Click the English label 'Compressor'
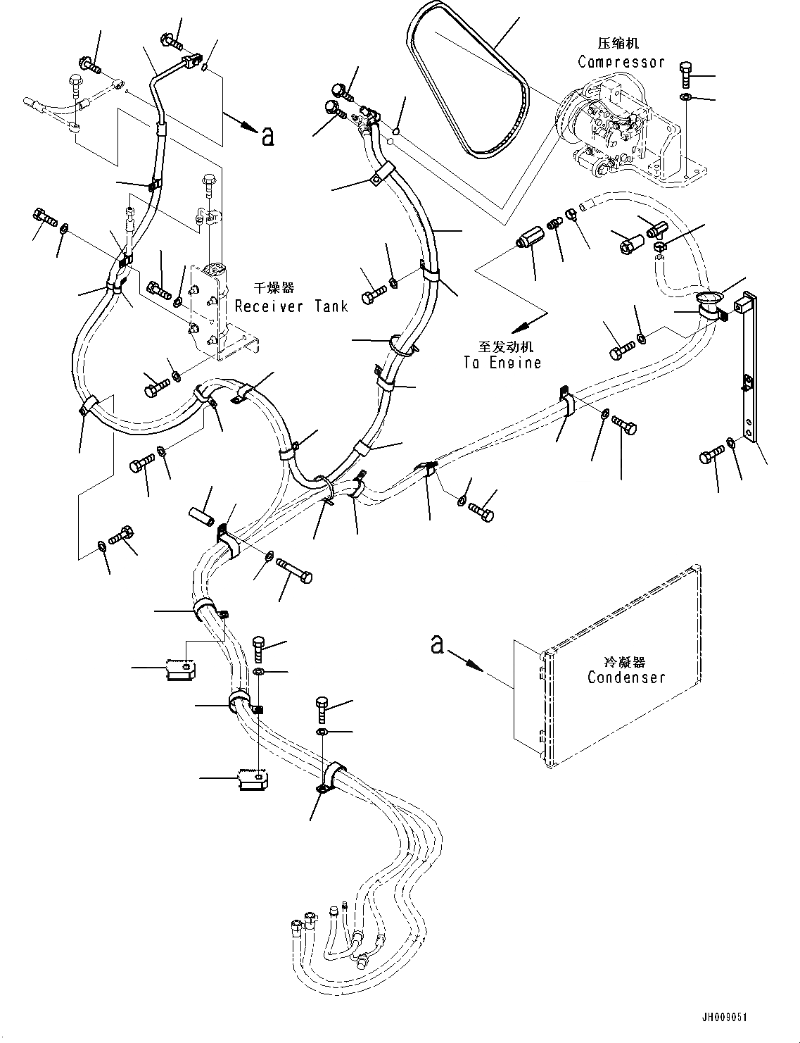tap(621, 62)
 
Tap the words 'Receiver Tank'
tap(291, 306)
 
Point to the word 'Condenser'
tap(626, 677)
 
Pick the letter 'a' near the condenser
tap(438, 644)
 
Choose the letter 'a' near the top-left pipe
tap(267, 137)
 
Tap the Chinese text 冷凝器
tap(624, 662)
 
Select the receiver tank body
tap(214, 310)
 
